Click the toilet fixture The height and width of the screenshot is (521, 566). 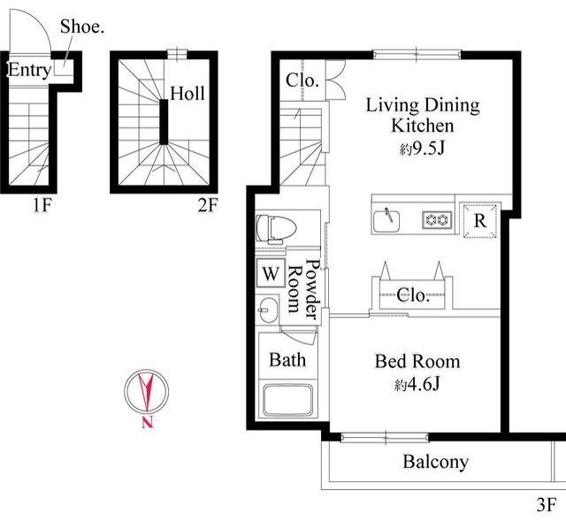coord(276,228)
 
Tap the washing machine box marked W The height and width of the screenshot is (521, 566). coord(271,273)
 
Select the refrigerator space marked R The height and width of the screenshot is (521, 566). coord(479,220)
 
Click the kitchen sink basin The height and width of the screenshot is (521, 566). coord(386,220)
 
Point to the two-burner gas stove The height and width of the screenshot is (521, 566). coord(437,220)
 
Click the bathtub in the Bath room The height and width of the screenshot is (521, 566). coord(287,401)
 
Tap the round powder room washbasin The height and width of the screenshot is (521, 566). coord(268,310)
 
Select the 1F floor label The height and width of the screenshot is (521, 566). coord(42,206)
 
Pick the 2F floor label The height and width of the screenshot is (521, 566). coord(208,206)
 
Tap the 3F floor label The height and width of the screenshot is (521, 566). coord(547,505)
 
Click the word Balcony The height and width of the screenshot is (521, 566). coord(436,462)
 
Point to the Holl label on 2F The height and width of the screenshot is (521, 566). coord(187,93)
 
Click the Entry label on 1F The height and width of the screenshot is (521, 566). coord(29,71)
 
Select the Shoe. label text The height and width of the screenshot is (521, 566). coord(82,27)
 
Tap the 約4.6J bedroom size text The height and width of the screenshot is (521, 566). coord(417,384)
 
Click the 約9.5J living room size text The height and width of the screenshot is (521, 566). coord(422,148)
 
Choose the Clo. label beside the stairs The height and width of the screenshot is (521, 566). coord(302,80)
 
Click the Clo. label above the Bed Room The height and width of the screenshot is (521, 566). coord(413,295)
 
